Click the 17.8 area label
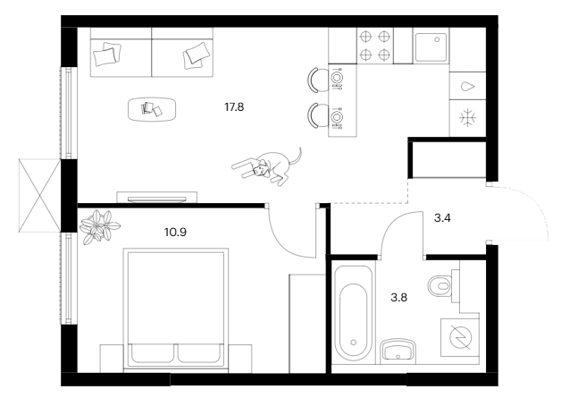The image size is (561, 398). click(234, 106)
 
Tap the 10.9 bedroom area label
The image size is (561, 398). click(175, 233)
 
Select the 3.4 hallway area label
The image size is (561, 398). click(442, 218)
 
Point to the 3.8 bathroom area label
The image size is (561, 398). click(399, 297)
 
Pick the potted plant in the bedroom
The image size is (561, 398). click(99, 226)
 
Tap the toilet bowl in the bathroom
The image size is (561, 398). click(440, 286)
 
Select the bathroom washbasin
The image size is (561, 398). click(398, 350)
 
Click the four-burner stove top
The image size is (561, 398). click(374, 46)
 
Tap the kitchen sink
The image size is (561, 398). click(431, 47)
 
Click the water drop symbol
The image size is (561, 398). click(467, 87)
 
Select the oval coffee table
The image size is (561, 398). click(152, 109)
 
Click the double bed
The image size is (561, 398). click(176, 308)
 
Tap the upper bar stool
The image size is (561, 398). click(316, 80)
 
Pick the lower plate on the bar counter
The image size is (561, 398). click(336, 117)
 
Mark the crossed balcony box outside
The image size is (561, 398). click(39, 195)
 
